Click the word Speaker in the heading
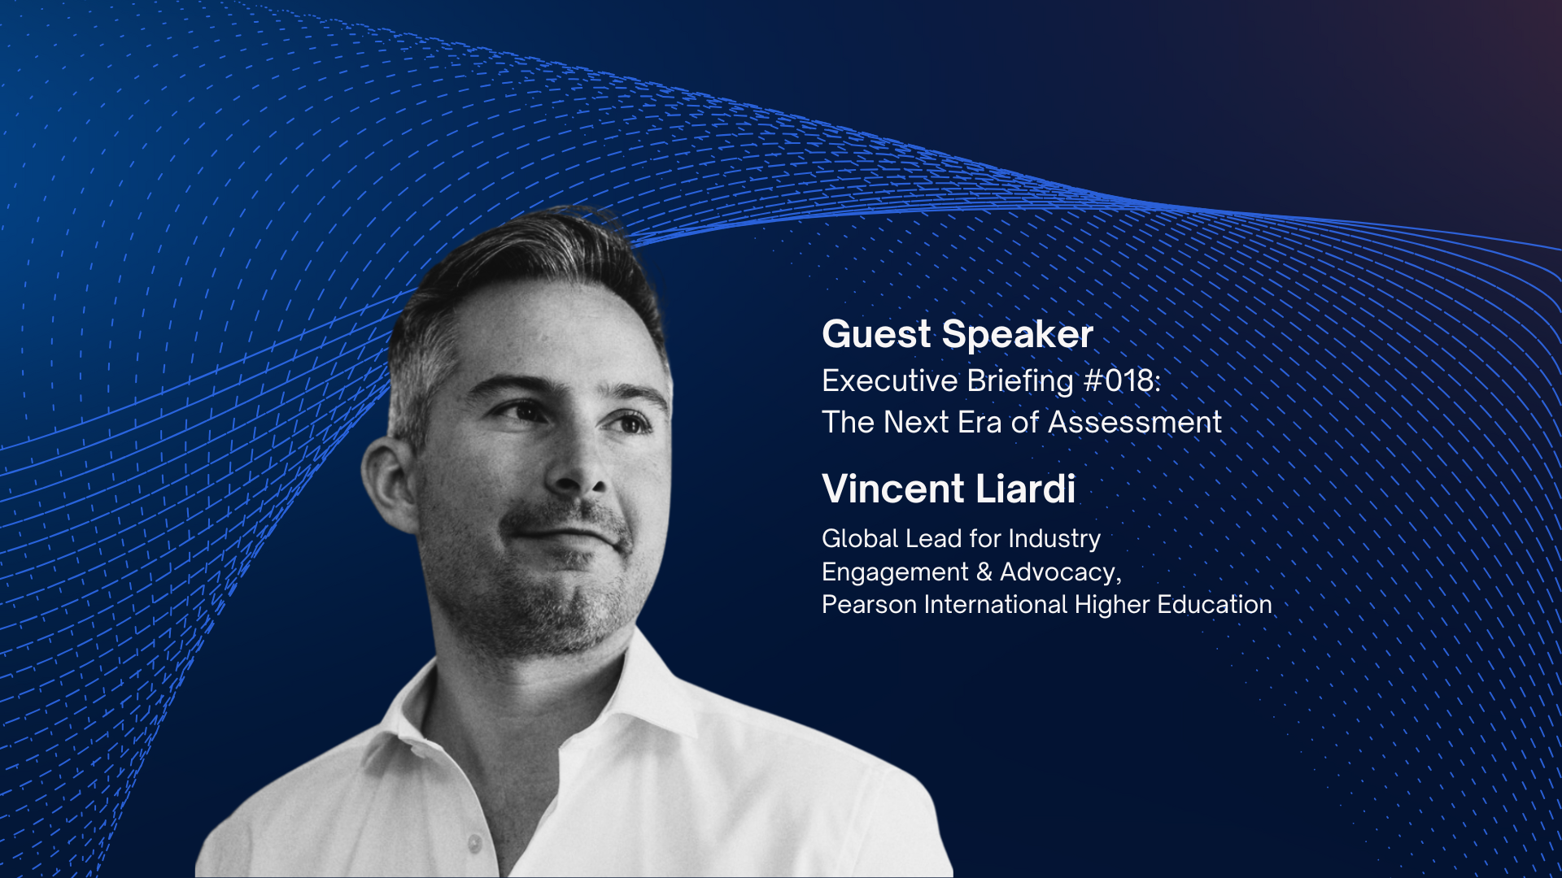click(x=1018, y=335)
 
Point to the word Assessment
click(x=1134, y=422)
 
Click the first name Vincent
click(x=892, y=489)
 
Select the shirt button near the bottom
click(x=474, y=844)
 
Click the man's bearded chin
click(x=561, y=618)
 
